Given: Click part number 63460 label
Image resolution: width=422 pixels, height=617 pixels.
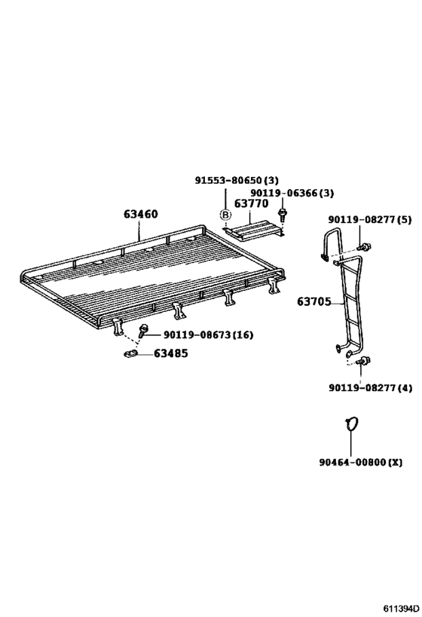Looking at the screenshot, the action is pyautogui.click(x=140, y=214).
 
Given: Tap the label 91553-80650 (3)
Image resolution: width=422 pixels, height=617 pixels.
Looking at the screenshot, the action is pyautogui.click(x=237, y=180).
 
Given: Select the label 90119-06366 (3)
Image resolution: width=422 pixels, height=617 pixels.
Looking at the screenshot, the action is pyautogui.click(x=292, y=193).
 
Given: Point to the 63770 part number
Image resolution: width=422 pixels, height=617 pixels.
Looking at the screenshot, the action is pyautogui.click(x=252, y=203).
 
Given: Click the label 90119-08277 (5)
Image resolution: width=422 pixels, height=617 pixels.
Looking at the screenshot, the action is pyautogui.click(x=370, y=219).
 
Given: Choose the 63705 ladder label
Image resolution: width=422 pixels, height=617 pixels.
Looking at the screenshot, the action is pyautogui.click(x=313, y=302).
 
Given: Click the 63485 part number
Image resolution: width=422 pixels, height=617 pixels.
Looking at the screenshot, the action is pyautogui.click(x=170, y=353).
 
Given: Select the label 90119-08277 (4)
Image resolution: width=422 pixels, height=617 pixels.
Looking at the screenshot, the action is pyautogui.click(x=371, y=388).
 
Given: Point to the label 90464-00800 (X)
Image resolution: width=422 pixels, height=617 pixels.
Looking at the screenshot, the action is pyautogui.click(x=361, y=462).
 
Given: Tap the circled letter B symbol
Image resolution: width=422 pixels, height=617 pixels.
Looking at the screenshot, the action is pyautogui.click(x=225, y=215).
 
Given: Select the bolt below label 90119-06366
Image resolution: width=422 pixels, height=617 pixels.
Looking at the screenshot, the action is pyautogui.click(x=282, y=215).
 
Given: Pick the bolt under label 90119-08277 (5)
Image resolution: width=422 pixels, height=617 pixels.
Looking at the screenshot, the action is pyautogui.click(x=365, y=248).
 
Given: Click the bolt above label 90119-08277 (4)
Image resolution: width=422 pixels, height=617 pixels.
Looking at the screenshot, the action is pyautogui.click(x=364, y=360).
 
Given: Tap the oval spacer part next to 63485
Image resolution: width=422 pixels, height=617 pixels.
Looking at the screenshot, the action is pyautogui.click(x=130, y=354).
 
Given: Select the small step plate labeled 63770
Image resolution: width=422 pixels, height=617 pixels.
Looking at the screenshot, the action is pyautogui.click(x=253, y=230).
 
